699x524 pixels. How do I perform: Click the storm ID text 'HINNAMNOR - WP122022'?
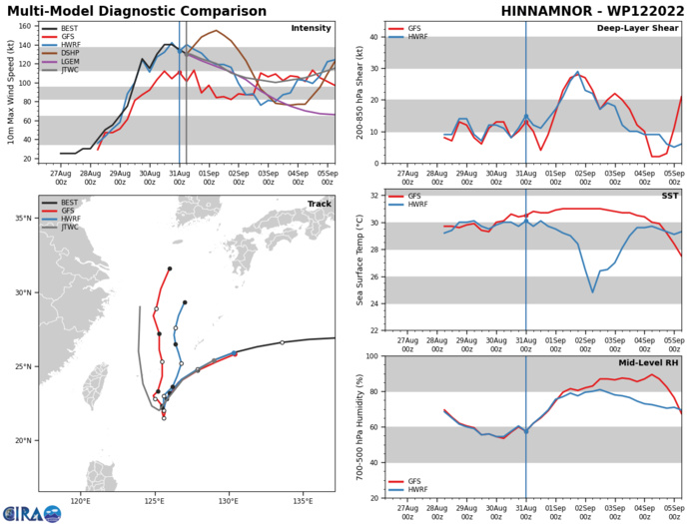[591, 10]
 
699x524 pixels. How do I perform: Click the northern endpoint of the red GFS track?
[170, 268]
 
